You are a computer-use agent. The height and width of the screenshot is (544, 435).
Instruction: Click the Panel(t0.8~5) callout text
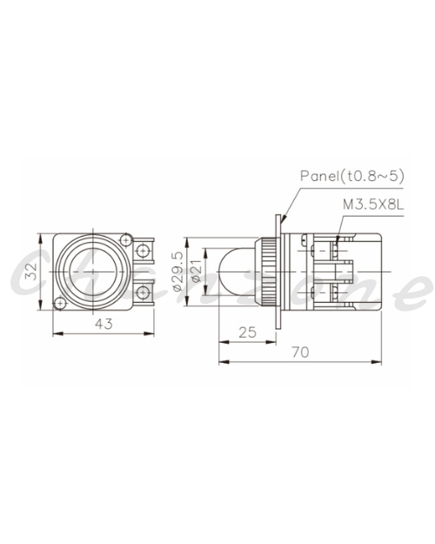coord(352,176)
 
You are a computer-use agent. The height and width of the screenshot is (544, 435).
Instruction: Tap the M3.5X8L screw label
coord(373,205)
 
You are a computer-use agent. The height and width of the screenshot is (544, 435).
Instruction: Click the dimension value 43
coord(104,324)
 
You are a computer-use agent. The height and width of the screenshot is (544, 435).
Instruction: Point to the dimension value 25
coord(248,332)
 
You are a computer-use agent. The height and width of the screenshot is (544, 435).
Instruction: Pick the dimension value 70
coord(300,353)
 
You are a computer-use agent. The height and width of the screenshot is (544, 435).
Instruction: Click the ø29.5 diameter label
coord(177,272)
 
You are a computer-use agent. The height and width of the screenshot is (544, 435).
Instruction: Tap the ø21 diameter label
coord(196,272)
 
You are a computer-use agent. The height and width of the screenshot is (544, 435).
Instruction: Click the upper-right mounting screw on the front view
coord(126,239)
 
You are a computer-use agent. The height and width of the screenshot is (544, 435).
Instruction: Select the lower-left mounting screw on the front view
coord(60,304)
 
